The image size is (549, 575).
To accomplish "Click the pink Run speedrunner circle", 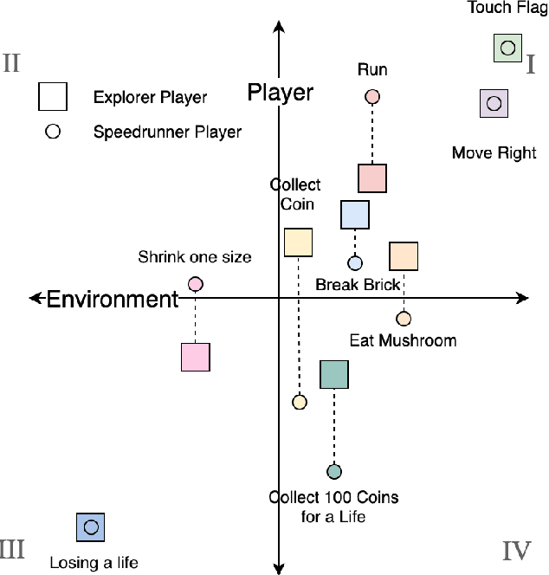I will pos(372,96).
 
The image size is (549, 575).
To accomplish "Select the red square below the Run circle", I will pos(372,178).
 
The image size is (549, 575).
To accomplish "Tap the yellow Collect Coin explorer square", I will pos(298,242).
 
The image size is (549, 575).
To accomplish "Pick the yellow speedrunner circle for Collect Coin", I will pos(300,402).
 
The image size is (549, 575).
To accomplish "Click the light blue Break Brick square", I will pos(355,214).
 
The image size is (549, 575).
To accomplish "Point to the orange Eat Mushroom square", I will pos(404,256).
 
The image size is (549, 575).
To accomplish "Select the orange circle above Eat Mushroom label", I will pos(404,319).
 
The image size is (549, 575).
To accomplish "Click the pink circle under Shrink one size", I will pos(196,284).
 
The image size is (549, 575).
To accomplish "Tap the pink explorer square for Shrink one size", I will pos(196,357).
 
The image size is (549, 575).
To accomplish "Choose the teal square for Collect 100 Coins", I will pos(334,374).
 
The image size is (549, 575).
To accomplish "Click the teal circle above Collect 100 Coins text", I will pos(334,471).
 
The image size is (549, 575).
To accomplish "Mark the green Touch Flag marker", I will pos(507,48).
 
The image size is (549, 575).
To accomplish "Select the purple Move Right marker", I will pos(494,104).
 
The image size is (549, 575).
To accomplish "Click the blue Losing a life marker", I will pos(91,526).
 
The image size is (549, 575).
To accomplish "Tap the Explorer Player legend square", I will pos(53,96).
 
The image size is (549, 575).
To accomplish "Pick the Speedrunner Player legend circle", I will pos(53,132).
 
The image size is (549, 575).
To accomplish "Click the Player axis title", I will pos(280,93).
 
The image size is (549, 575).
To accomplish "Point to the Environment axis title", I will pos(112,300).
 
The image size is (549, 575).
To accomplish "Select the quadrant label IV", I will pos(517,551).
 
